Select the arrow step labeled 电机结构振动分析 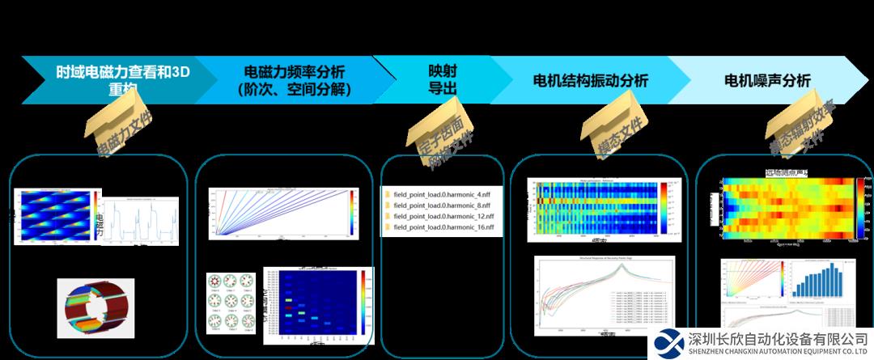[x=591, y=81]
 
